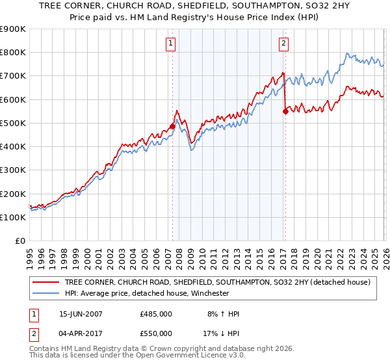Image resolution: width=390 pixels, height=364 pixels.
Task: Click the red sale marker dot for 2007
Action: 172,126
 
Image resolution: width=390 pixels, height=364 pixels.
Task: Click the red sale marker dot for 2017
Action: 285,111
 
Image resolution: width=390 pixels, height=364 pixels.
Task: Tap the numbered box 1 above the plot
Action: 170,44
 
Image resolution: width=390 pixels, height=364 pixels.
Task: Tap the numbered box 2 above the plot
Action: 284,44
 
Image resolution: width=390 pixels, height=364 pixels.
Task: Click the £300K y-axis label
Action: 13,170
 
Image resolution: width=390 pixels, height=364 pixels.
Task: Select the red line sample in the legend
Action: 45,282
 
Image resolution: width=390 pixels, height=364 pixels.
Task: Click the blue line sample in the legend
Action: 45,293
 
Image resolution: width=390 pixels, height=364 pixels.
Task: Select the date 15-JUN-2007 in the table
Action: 81,314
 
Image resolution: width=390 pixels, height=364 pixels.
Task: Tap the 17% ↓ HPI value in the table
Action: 222,333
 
